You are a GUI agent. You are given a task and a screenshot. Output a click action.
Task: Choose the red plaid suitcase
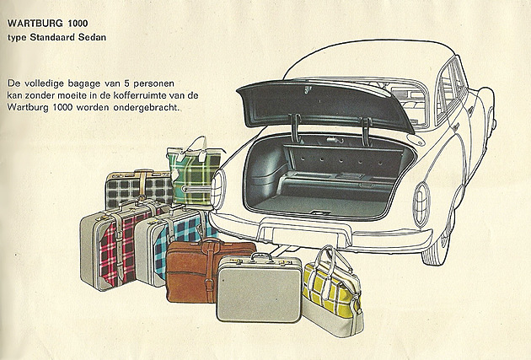[110, 249]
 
